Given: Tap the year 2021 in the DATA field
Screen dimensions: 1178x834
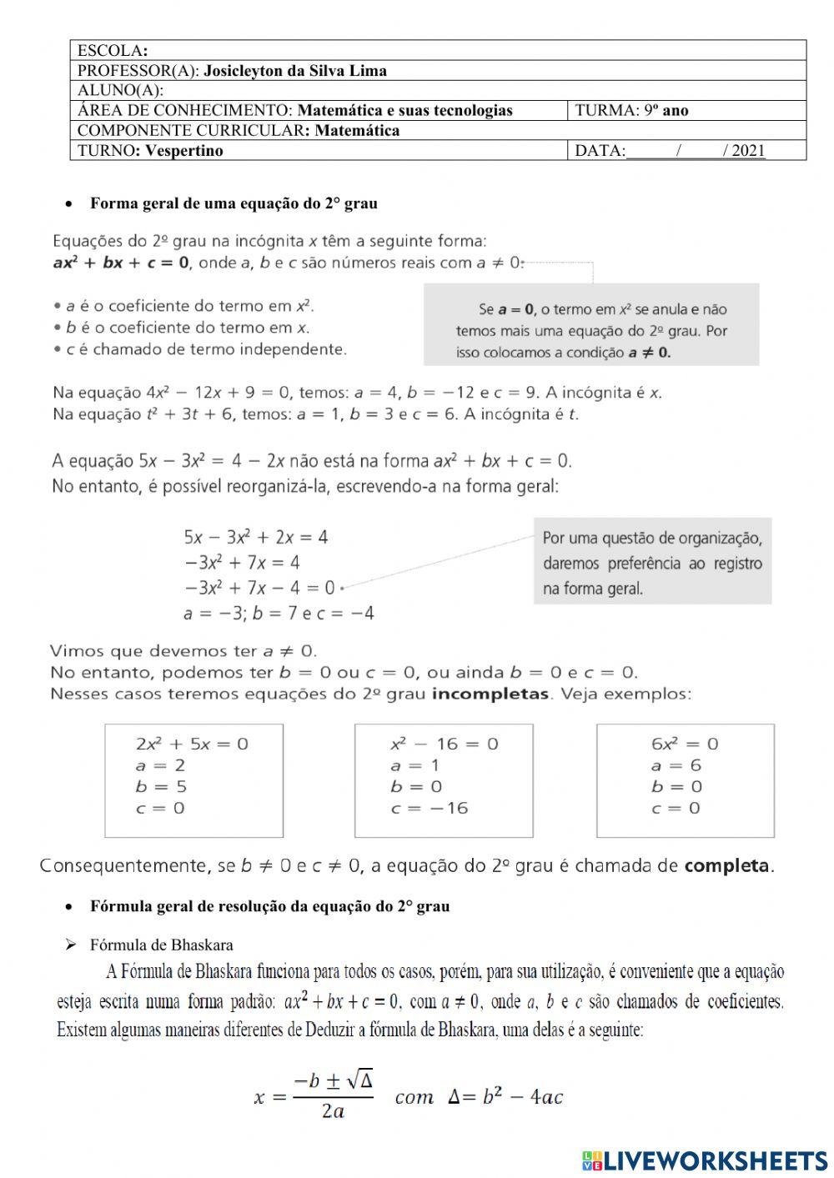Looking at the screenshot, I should coord(748,151).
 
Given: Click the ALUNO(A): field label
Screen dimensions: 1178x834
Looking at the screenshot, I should coord(120,90).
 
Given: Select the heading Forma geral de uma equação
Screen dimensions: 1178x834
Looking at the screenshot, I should coord(234,203).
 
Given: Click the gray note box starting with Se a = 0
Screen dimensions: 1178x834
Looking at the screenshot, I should coord(591,324).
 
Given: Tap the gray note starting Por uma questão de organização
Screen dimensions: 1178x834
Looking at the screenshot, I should coord(652,563).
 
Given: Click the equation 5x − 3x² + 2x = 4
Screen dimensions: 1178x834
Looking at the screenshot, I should coord(256,537).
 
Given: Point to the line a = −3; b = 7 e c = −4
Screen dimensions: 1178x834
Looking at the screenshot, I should coord(279,614).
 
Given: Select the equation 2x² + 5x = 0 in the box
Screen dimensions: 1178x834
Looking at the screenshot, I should coord(192,744).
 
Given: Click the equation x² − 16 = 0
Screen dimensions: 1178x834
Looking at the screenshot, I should coord(444,744).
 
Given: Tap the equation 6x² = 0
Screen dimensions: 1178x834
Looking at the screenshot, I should coord(685,744).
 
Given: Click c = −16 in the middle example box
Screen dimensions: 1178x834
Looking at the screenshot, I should coord(430,808).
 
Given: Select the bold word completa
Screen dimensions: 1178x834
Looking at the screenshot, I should coord(726,866).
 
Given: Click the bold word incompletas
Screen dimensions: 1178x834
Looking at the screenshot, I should coord(490,694).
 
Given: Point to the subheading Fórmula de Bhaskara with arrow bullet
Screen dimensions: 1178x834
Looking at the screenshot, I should coord(161,945).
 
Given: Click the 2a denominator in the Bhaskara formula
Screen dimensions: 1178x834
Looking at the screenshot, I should coord(333,1111).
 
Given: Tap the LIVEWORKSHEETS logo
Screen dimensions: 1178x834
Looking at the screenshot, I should coord(706,1160).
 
